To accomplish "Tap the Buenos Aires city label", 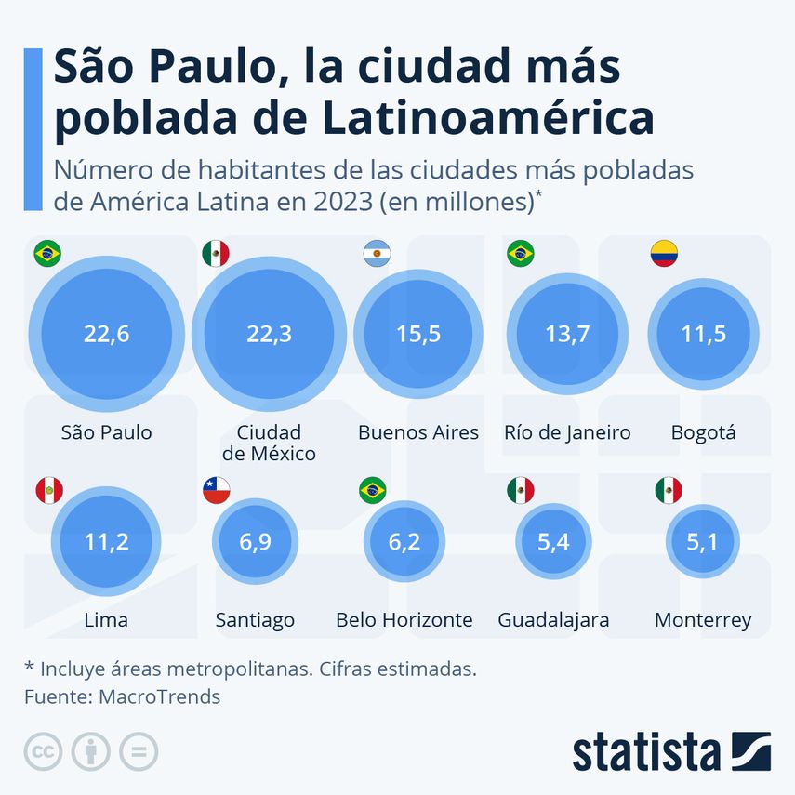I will point(418,432).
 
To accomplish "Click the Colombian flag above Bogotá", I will point(664,253).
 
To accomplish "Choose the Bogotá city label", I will point(703,432).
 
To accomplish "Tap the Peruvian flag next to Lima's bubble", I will point(48,490).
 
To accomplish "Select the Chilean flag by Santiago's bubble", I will point(216,490).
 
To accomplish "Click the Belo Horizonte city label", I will point(404,620).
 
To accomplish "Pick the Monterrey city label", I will point(702,620).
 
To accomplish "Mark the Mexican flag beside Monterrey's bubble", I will point(669,490).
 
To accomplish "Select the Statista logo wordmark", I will point(646,751).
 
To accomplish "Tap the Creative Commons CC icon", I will point(43,751).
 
